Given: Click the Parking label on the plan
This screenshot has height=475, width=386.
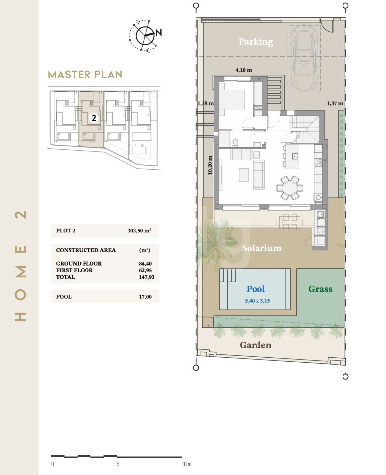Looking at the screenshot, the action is tap(256, 41).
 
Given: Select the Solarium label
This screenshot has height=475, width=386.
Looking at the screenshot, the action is tap(261, 248).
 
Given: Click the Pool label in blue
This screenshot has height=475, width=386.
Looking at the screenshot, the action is tap(256, 289).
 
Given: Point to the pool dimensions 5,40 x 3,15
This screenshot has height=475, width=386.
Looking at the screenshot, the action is tap(257, 301).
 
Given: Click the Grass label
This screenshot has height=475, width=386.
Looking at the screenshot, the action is tap(320, 289).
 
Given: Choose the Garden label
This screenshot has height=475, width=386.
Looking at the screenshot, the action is tap(256, 345).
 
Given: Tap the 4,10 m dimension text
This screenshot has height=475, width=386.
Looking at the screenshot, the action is tap(244, 70).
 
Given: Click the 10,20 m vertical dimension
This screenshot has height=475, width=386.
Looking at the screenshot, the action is tap(210, 165).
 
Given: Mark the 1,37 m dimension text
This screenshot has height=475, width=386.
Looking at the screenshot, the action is tap(335, 103).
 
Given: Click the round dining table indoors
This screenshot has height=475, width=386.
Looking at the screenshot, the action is tap(290, 188).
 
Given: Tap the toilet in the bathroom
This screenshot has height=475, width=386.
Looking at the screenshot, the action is tap(235, 142).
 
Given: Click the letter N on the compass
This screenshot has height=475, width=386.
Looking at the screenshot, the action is tap(159, 33).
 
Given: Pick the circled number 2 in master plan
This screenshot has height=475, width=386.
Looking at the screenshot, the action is tap(94, 118).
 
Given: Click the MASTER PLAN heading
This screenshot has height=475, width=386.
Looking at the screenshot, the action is tap(86, 75).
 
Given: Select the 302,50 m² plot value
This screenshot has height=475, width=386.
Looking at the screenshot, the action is tap(139, 231).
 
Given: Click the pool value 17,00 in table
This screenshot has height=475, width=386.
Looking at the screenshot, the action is tap(145, 297).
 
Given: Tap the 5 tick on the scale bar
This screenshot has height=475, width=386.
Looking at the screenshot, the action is tap(118, 464).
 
